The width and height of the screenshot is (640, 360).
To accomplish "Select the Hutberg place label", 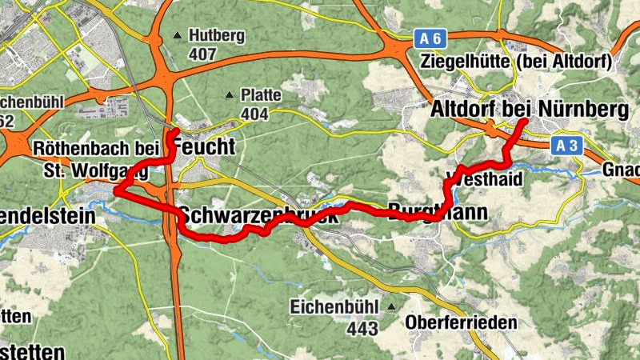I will pos(215,36).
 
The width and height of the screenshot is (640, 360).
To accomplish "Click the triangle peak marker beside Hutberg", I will pos(177,36).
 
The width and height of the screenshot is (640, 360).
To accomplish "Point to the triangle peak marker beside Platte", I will pos(230,95).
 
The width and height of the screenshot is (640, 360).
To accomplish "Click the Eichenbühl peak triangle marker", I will pos(390,306).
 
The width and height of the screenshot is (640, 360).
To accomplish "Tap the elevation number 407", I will pos(202,55).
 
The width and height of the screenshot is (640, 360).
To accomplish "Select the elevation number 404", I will pos(254,114).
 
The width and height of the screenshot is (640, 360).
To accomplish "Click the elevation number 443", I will pos(362,328).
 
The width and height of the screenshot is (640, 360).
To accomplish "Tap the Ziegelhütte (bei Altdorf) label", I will pos(516,62).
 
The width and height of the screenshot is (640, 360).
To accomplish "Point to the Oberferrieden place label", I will pos(461,323).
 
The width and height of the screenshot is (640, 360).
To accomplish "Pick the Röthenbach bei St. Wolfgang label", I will pos(88,158).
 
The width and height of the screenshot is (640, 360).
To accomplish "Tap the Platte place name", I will pos(260,95).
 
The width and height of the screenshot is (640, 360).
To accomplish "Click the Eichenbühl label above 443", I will pos(336,306).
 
